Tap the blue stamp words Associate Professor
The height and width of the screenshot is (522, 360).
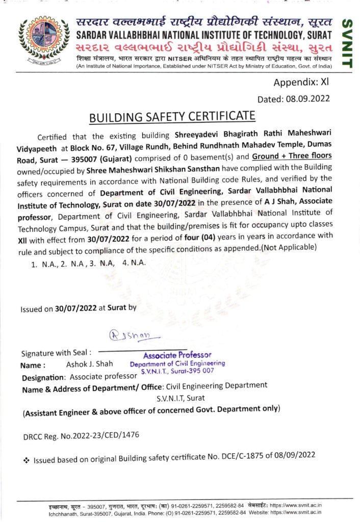(177, 355)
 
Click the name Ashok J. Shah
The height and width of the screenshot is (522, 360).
(89, 364)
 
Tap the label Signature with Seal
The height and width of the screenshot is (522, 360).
(56, 353)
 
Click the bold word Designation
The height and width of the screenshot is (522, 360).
(43, 378)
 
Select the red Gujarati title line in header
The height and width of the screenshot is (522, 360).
(203, 48)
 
